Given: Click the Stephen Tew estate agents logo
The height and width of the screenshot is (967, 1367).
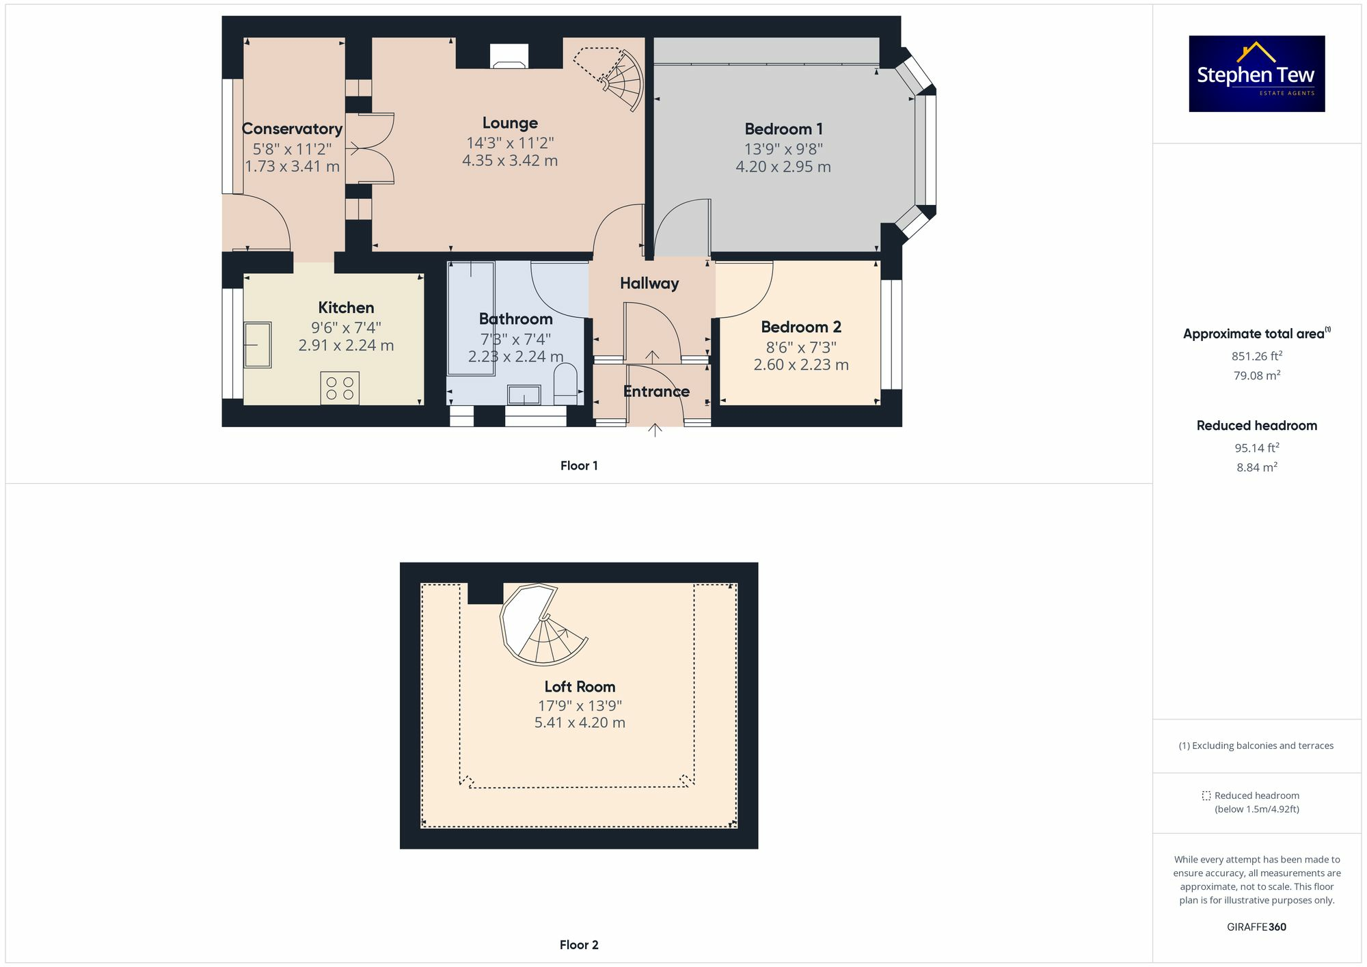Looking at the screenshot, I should tap(1256, 74).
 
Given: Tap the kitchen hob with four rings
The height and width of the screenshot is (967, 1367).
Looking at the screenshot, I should tap(340, 389).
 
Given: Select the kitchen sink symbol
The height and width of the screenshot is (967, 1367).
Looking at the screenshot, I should tap(258, 345).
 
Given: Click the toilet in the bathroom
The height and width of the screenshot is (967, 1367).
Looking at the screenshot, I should tap(565, 384).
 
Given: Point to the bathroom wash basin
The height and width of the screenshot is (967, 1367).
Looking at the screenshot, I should tap(524, 395).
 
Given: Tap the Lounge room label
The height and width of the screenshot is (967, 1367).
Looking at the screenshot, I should tap(510, 123).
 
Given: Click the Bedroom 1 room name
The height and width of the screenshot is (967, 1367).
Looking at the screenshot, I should tap(783, 129).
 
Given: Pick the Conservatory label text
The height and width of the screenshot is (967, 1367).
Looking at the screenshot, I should tap(292, 129).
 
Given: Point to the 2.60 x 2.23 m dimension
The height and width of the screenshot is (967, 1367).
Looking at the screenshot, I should tap(801, 365).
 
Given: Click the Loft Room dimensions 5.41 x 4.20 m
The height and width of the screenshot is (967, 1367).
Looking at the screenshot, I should tap(580, 722).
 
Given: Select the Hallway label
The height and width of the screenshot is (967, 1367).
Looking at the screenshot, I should tap(649, 283).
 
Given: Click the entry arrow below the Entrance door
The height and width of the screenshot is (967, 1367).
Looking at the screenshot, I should tap(655, 430).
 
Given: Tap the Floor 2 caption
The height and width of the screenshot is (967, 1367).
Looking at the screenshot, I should tap(579, 944).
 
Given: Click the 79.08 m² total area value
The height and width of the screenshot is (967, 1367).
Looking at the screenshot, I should tap(1256, 375).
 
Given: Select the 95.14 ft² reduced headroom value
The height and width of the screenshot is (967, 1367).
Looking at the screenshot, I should tap(1256, 448).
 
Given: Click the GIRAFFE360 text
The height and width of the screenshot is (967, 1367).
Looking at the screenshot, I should tap(1256, 927).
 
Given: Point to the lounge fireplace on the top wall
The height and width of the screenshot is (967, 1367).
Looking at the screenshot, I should tap(509, 57).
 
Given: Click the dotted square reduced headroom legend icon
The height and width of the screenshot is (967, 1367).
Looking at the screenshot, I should tap(1206, 795).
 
